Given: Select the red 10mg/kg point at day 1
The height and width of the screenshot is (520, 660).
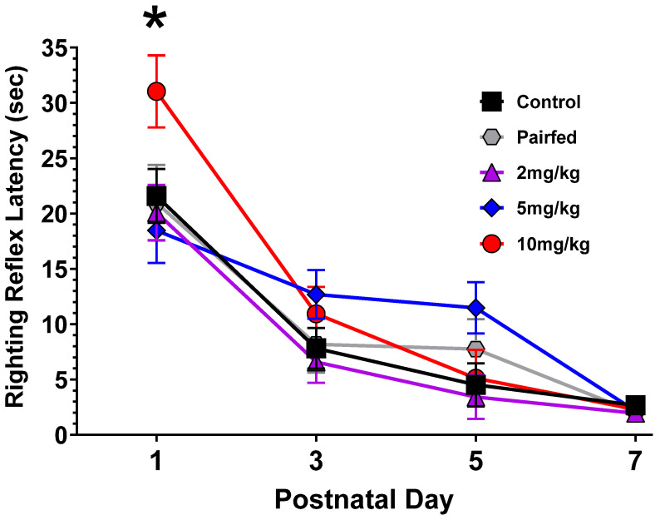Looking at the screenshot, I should point(156,91).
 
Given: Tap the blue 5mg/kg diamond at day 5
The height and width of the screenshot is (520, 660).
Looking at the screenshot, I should point(475,308).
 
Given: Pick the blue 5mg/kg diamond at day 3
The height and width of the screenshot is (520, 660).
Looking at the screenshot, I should point(316,295).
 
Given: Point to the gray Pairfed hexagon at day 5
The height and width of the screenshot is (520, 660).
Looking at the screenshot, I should point(475,349).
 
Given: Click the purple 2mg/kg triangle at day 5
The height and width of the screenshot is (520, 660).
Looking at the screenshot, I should point(475,397).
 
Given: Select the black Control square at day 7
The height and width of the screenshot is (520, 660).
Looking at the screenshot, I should point(635,405).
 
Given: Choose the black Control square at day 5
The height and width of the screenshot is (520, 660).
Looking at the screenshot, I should point(475,385).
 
